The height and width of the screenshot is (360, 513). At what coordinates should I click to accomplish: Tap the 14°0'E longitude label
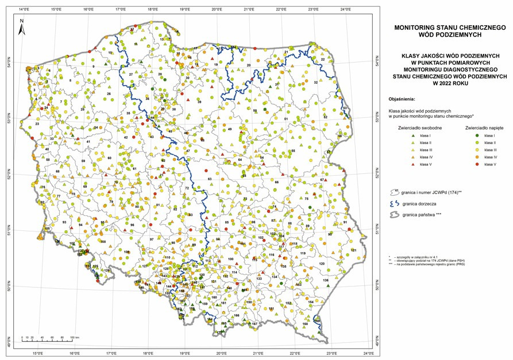[24, 9]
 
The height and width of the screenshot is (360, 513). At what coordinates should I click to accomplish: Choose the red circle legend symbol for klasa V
[477, 164]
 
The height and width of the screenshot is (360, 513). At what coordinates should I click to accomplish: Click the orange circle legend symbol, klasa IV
[477, 157]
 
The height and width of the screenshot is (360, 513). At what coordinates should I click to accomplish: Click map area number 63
[210, 180]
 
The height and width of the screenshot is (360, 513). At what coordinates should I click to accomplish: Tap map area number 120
[322, 264]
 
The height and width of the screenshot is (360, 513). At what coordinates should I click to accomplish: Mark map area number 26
[109, 94]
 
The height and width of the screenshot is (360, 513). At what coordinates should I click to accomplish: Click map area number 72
[187, 188]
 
